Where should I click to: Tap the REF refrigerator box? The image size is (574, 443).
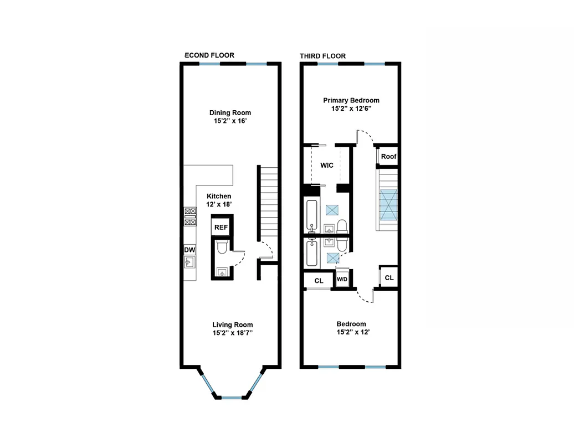point(221,228)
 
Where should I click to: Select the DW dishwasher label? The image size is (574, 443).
point(189,250)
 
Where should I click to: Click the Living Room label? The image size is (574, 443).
point(233,325)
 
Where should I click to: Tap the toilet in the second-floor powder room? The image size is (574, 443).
point(221,247)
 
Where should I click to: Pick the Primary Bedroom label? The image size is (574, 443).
point(351,100)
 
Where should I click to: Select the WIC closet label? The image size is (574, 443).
point(326,165)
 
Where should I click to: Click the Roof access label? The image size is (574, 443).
point(388,157)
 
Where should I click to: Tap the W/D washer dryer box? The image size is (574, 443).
point(342,279)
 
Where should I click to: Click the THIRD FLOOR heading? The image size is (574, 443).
point(322,56)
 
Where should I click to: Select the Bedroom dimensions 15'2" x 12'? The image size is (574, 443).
point(351,333)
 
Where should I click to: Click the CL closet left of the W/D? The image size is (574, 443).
point(319,281)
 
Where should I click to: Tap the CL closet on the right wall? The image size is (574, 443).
point(389,277)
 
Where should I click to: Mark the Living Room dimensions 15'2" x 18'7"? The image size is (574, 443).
point(233,333)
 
